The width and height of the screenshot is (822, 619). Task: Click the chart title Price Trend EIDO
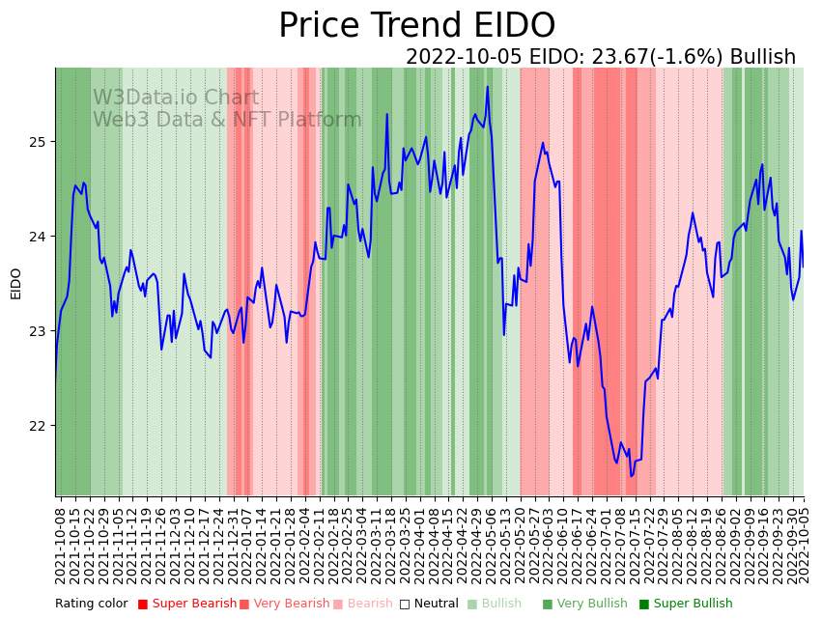416,25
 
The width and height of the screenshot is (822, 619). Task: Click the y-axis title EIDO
15,283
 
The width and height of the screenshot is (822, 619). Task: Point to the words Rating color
91,604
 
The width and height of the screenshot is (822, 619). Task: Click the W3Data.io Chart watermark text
176,98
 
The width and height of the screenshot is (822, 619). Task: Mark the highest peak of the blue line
488,87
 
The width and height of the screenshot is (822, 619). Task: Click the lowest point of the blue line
632,475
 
